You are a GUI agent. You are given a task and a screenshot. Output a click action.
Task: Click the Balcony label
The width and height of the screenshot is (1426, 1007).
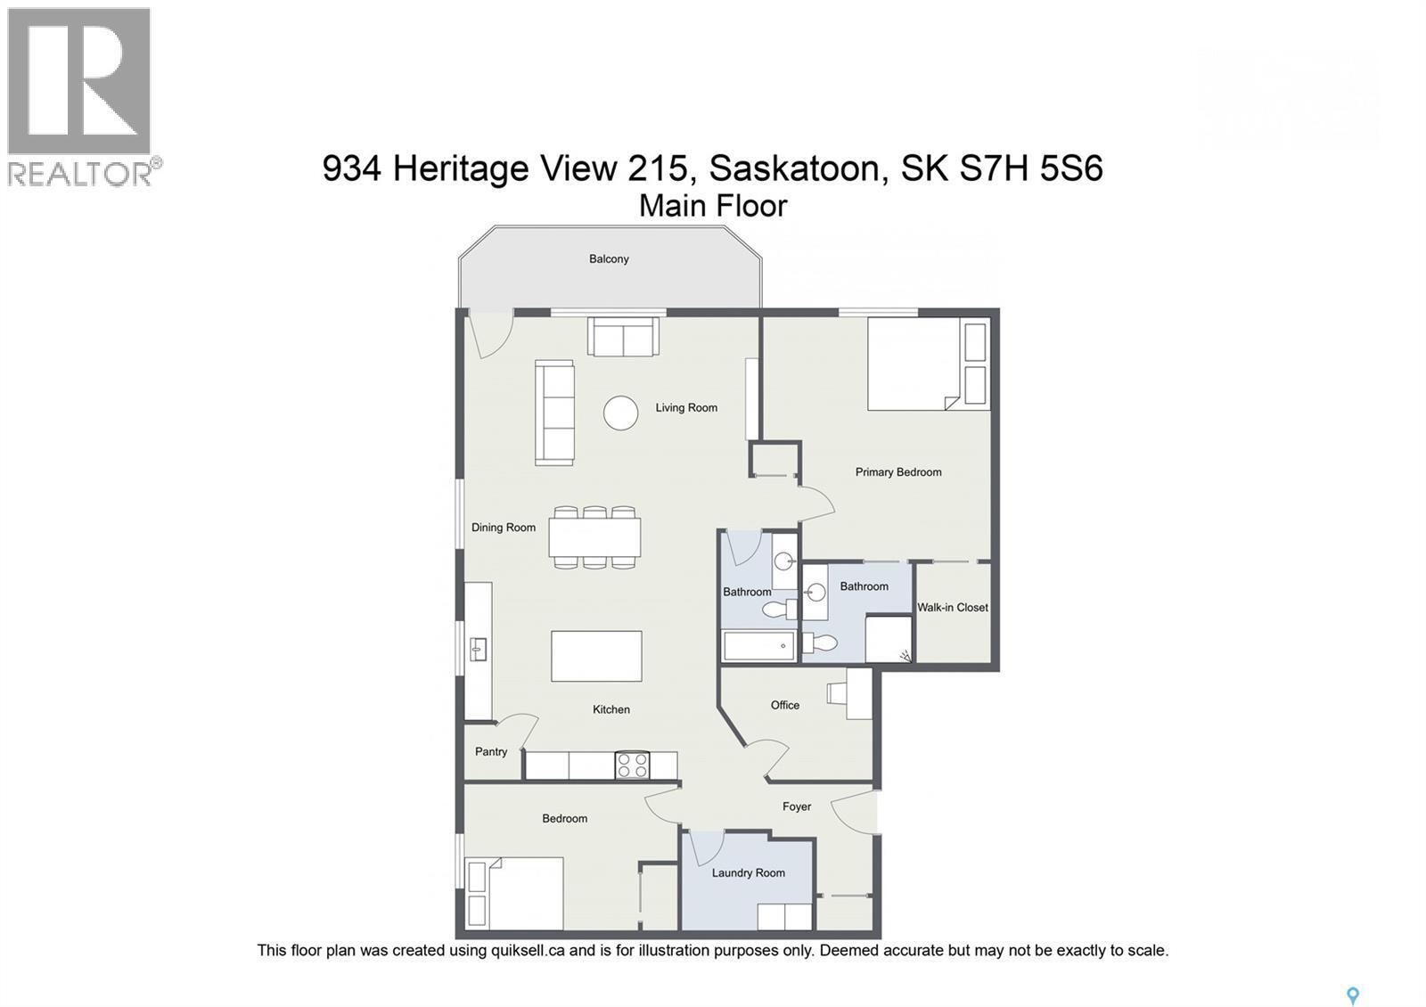(609, 259)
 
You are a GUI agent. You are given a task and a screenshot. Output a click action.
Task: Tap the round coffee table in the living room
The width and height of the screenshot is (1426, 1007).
(620, 413)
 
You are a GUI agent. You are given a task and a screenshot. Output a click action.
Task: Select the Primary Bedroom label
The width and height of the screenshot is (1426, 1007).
(898, 472)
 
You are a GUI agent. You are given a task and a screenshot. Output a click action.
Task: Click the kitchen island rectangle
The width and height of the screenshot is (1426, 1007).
(596, 656)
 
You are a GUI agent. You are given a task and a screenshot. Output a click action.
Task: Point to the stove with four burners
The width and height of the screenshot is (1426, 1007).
(632, 765)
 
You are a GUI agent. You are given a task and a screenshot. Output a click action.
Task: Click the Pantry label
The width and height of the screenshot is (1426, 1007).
(491, 752)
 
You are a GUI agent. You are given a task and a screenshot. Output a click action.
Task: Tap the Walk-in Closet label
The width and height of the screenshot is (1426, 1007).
(953, 608)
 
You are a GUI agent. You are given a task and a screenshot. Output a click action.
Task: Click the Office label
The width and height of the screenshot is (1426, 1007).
(785, 705)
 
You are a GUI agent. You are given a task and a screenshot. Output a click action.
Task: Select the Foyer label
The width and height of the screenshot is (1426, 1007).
(797, 806)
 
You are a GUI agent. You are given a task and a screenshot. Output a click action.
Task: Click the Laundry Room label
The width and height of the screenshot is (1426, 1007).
(748, 873)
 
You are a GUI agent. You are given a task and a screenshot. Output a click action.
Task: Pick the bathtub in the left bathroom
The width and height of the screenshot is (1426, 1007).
(758, 646)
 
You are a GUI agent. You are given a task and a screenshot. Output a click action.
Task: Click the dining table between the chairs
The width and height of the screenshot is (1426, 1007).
(594, 537)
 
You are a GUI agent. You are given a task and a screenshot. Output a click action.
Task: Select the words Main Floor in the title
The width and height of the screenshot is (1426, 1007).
(713, 206)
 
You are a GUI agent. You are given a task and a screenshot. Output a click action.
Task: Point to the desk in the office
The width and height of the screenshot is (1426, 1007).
(858, 694)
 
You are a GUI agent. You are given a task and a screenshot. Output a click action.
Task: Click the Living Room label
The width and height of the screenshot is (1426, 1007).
(686, 408)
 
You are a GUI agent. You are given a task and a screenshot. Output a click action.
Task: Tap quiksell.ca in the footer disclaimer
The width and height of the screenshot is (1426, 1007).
(527, 951)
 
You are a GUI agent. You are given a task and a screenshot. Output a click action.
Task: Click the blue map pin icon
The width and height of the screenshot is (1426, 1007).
(1352, 995)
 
